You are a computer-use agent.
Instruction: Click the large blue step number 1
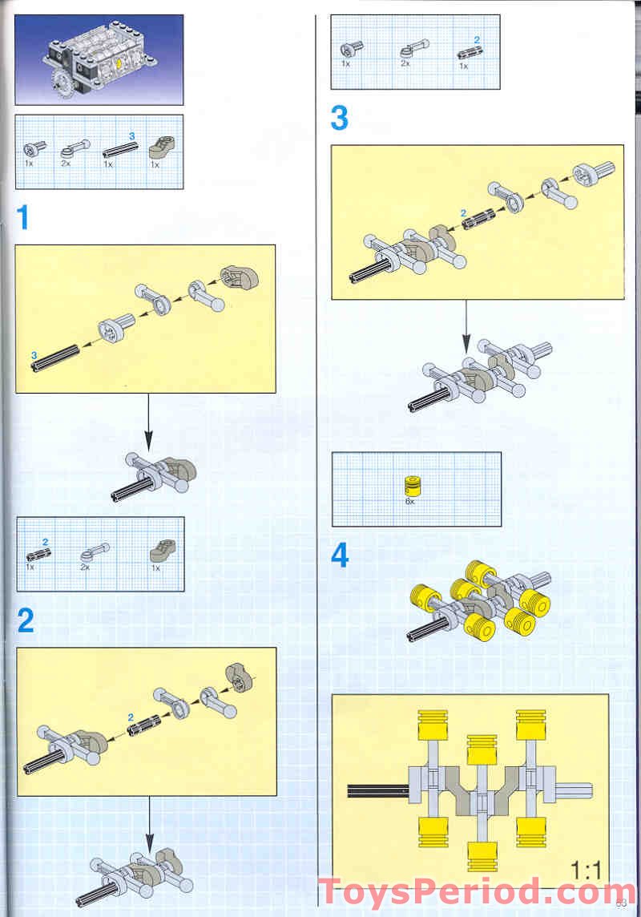pyautogui.click(x=24, y=216)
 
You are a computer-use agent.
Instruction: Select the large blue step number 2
pyautogui.click(x=26, y=620)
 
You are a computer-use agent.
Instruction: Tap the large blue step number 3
pyautogui.click(x=340, y=119)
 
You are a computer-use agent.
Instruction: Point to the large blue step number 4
pyautogui.click(x=341, y=555)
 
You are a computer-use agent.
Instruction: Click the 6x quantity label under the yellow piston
pyautogui.click(x=410, y=501)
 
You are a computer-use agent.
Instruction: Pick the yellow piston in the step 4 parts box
pyautogui.click(x=411, y=484)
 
